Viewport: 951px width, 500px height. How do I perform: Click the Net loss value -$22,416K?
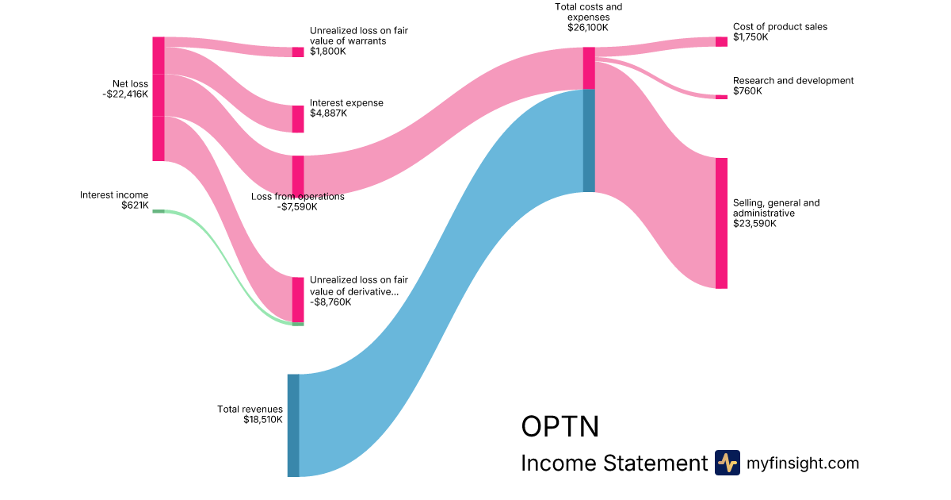tap(125, 94)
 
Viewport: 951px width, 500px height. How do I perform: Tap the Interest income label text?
tap(114, 194)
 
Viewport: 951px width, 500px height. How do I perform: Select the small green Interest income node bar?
tap(158, 211)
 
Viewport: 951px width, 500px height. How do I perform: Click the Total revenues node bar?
tap(293, 425)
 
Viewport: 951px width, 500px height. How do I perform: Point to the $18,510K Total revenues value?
tap(263, 419)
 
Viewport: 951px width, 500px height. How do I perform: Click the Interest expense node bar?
tap(298, 119)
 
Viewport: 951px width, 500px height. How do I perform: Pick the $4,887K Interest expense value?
tap(329, 113)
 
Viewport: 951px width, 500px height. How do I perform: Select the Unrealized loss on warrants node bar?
tap(298, 52)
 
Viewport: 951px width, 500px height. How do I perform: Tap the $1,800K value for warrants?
tap(329, 52)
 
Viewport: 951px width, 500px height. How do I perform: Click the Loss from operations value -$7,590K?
tap(297, 207)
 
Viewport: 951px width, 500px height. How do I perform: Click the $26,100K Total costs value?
tap(588, 27)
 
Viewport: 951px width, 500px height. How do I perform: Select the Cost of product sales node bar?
tap(721, 41)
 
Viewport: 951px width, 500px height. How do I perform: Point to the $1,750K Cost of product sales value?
tap(750, 37)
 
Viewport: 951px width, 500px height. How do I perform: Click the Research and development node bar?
tap(721, 97)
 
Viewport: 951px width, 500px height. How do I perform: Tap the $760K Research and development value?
tap(747, 91)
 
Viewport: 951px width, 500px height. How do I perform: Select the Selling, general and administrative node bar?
tap(721, 223)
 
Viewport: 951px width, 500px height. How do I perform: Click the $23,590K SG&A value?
tap(754, 224)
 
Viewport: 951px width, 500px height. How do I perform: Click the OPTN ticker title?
tap(560, 426)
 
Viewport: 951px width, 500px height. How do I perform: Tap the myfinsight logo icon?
tap(727, 463)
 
